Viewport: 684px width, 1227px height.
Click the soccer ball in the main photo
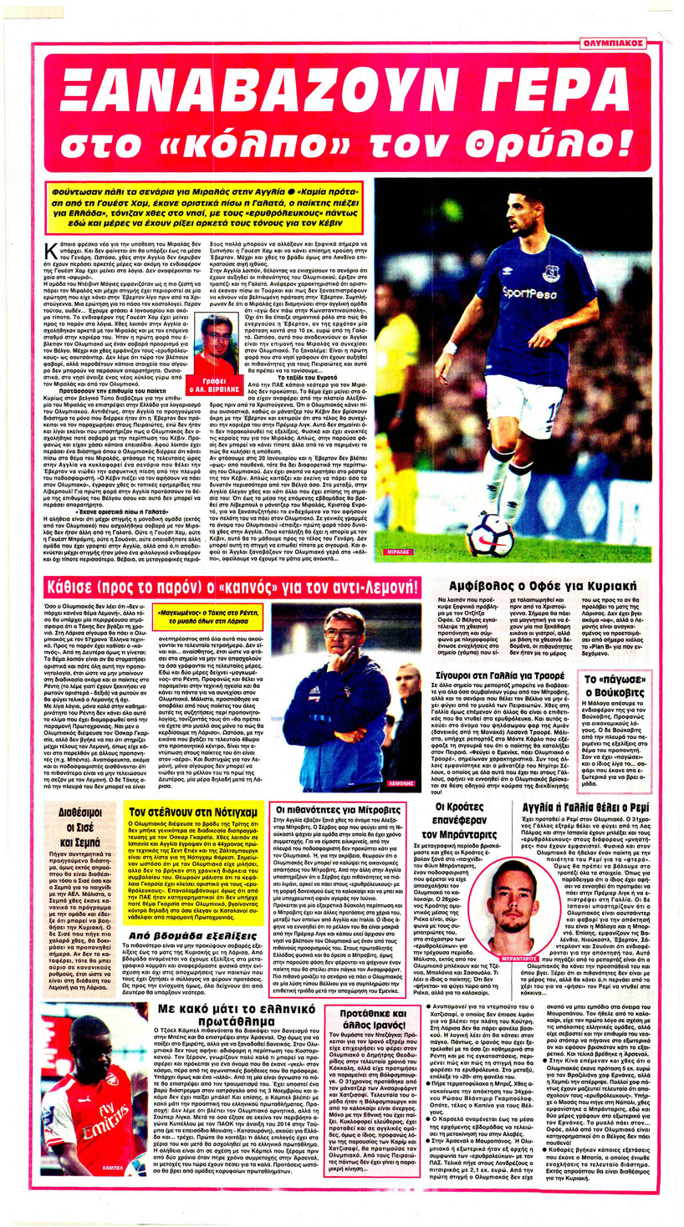[x=489, y=536]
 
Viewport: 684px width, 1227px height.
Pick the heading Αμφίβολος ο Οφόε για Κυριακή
[x=519, y=586]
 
